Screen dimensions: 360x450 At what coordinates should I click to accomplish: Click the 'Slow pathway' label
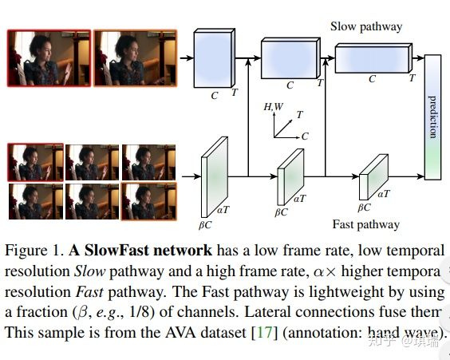(366, 27)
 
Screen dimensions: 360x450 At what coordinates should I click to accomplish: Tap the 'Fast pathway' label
(365, 224)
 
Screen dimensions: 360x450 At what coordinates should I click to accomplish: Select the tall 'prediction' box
(432, 117)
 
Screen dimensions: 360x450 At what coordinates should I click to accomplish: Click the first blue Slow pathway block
(214, 58)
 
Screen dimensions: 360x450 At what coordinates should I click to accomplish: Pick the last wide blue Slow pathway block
(373, 59)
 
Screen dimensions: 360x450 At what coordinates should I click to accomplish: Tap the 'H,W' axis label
(274, 107)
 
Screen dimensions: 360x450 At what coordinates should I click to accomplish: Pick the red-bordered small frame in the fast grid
(34, 162)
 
